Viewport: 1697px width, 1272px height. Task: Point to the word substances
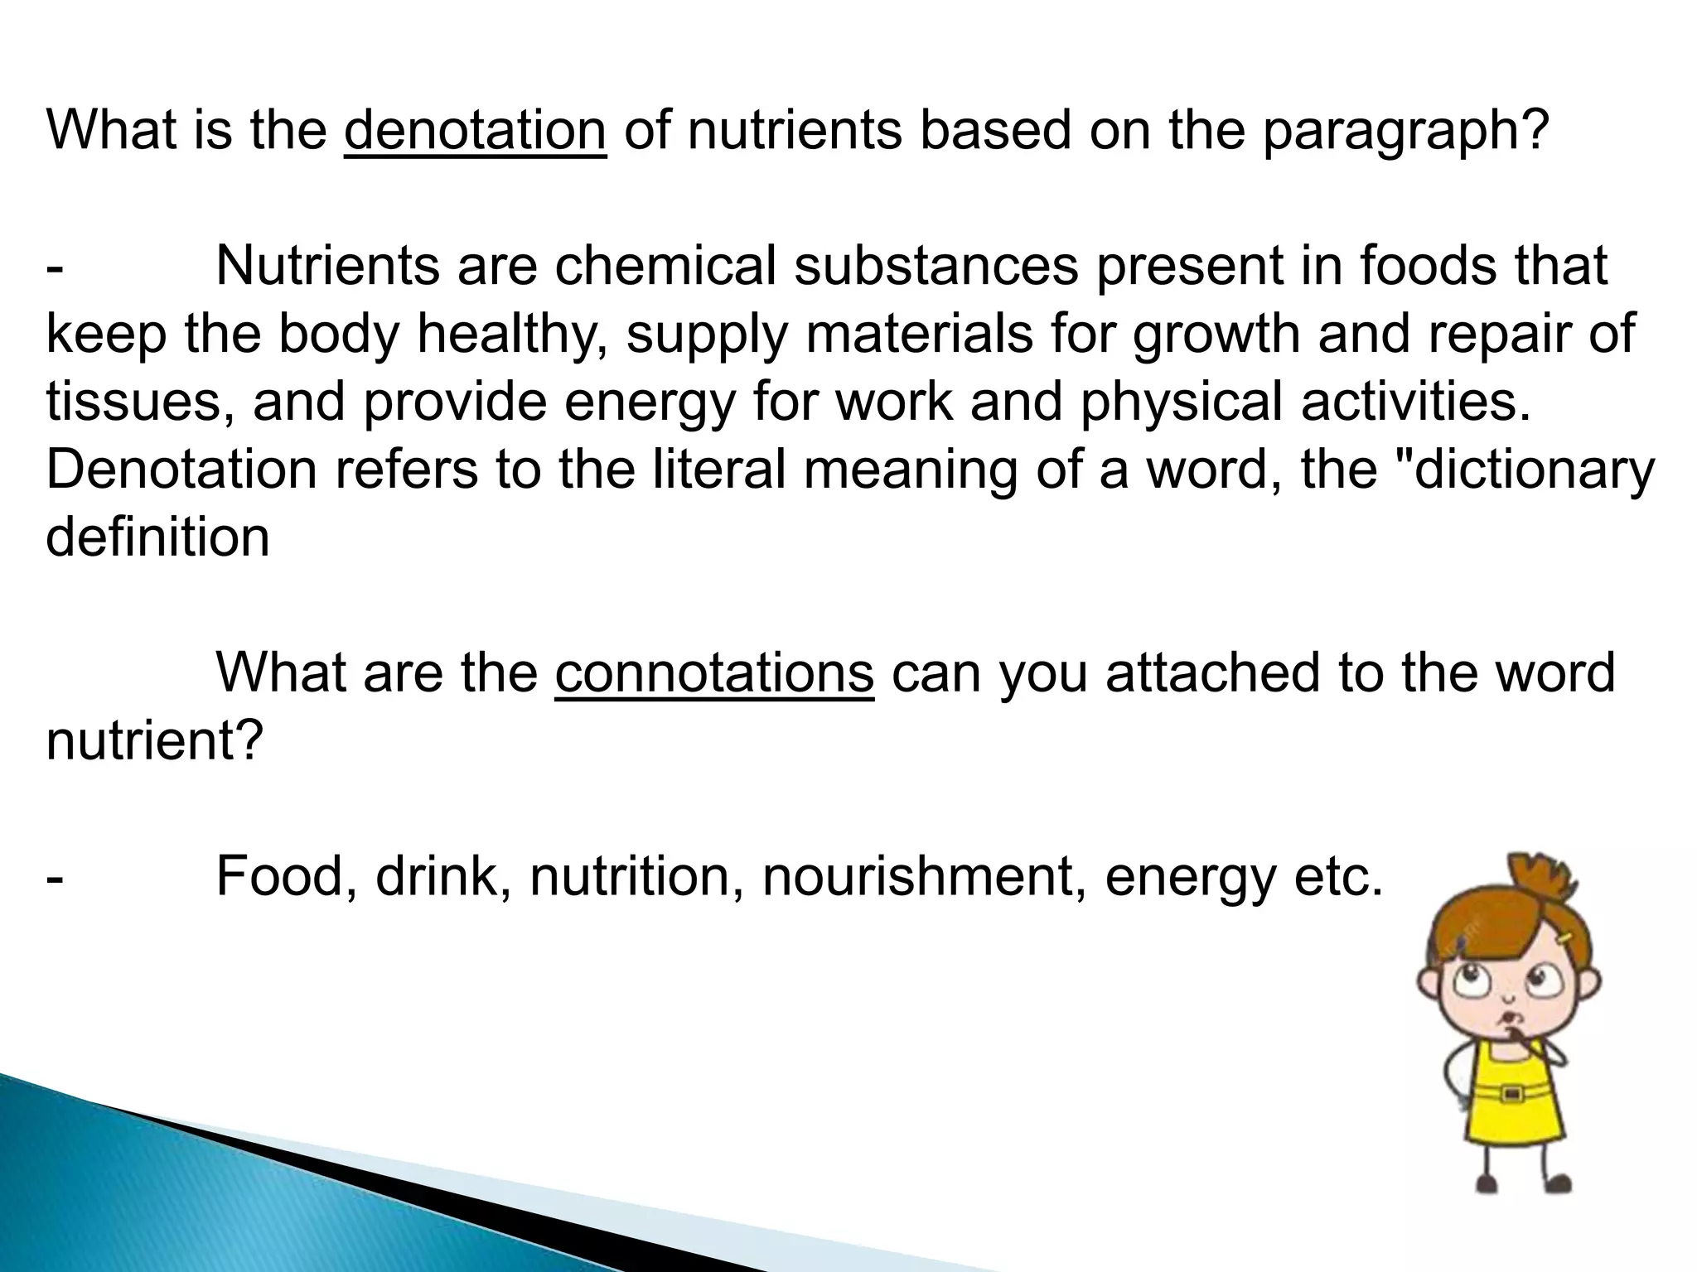pyautogui.click(x=936, y=266)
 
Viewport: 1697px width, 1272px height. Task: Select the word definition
pyautogui.click(x=157, y=537)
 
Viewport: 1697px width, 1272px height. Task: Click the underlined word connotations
pyautogui.click(x=714, y=672)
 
